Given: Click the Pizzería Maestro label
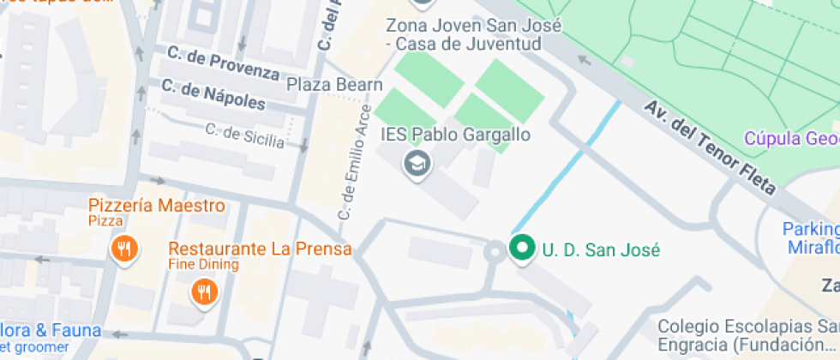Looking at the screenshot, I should [157, 206].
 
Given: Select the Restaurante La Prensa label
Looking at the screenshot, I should [260, 249].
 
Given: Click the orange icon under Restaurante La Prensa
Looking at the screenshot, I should [204, 292].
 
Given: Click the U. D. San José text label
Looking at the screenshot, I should [601, 250].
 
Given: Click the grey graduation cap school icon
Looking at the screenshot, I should [417, 163].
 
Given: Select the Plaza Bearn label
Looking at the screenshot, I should [334, 84].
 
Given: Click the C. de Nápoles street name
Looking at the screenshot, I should [213, 94].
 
